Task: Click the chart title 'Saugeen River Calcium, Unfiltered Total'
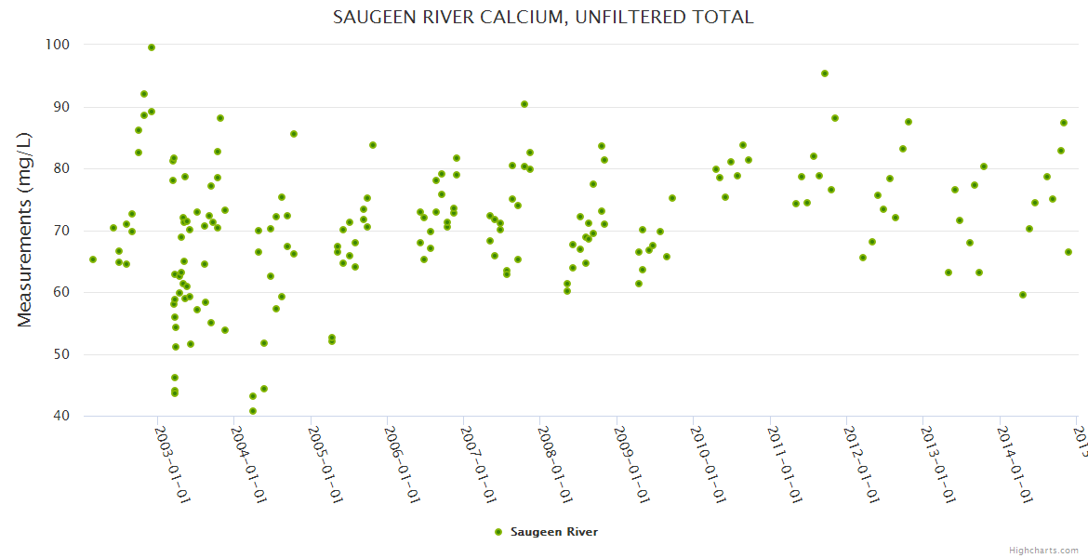[x=543, y=18]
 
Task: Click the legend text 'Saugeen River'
[x=554, y=532]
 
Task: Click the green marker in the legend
[x=498, y=532]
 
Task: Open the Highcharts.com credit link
[x=1044, y=550]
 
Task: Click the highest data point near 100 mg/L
[x=152, y=47]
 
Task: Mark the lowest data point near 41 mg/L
[x=253, y=411]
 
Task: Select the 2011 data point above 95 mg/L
[x=825, y=73]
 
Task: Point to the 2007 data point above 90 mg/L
[x=524, y=104]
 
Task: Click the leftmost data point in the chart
[x=93, y=259]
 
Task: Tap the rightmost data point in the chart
[x=1068, y=252]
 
